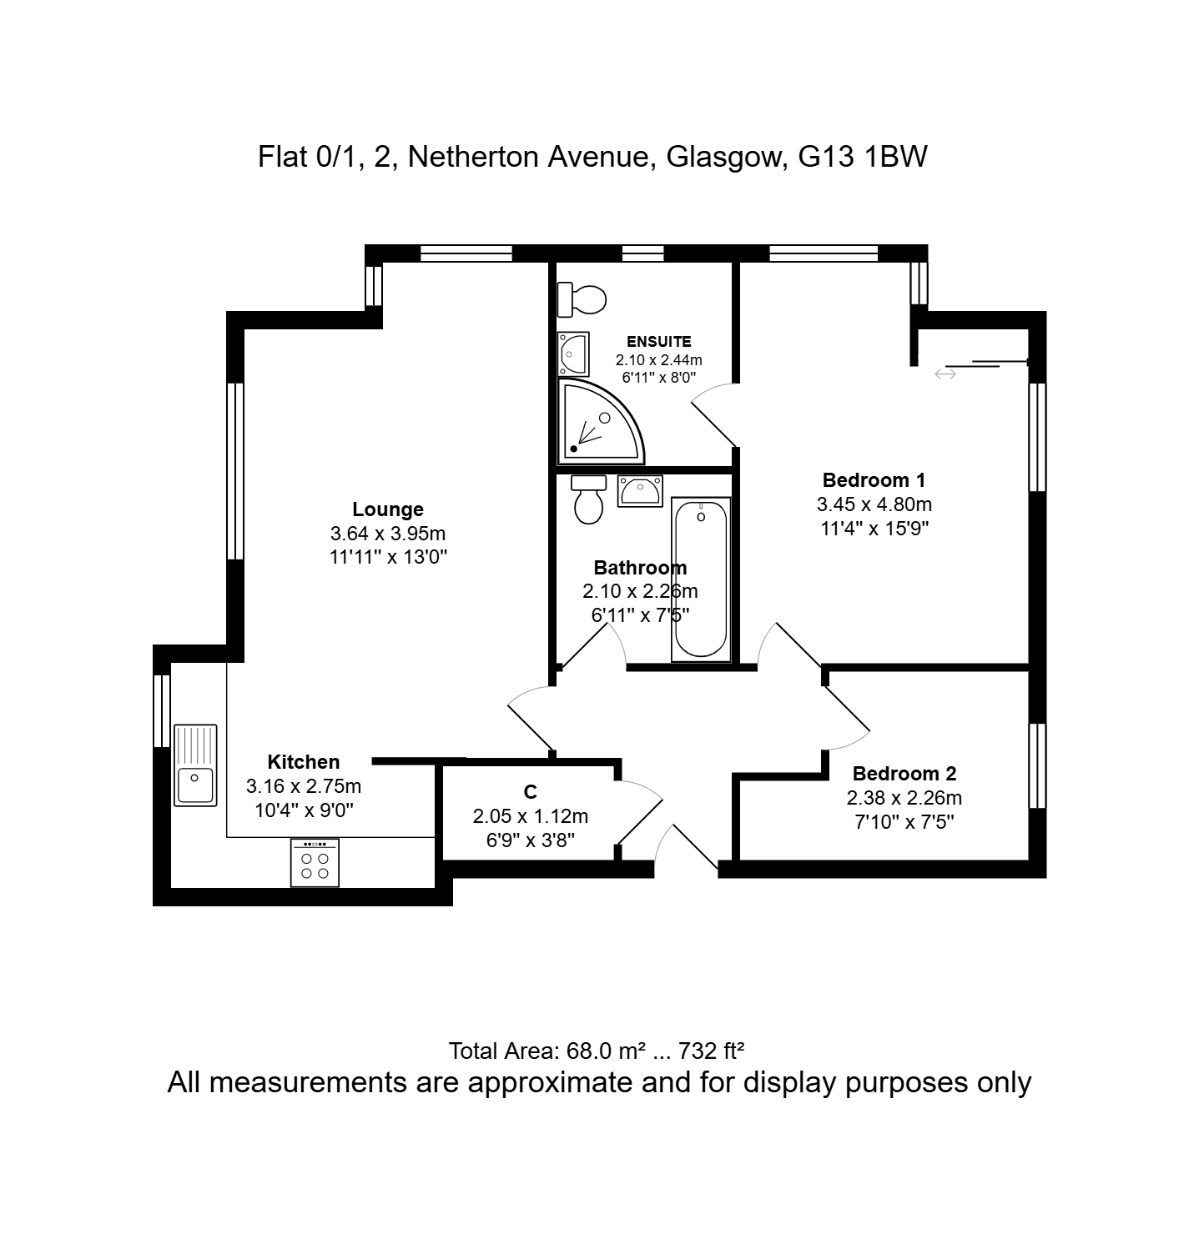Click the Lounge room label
point(388,509)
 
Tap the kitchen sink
point(195,765)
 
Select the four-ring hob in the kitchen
point(315,862)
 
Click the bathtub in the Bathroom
point(701,579)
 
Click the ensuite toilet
point(582,299)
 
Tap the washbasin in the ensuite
point(574,353)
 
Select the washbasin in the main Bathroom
point(640,490)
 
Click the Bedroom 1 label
point(874,480)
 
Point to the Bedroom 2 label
point(904,774)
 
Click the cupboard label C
point(531,792)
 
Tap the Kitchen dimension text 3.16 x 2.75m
point(304,786)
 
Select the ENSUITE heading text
point(659,342)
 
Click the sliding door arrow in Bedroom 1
point(945,374)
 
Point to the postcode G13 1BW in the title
point(863,157)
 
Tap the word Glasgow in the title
point(724,158)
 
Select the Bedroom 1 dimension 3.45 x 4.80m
point(874,504)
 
